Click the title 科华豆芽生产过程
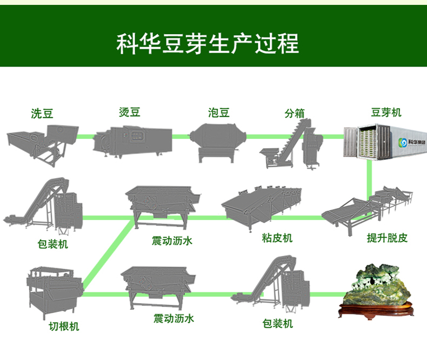point(208,43)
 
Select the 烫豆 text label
point(130,112)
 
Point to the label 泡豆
point(219,112)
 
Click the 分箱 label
point(295,114)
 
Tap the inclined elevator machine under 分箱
point(292,142)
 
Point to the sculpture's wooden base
point(376,310)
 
